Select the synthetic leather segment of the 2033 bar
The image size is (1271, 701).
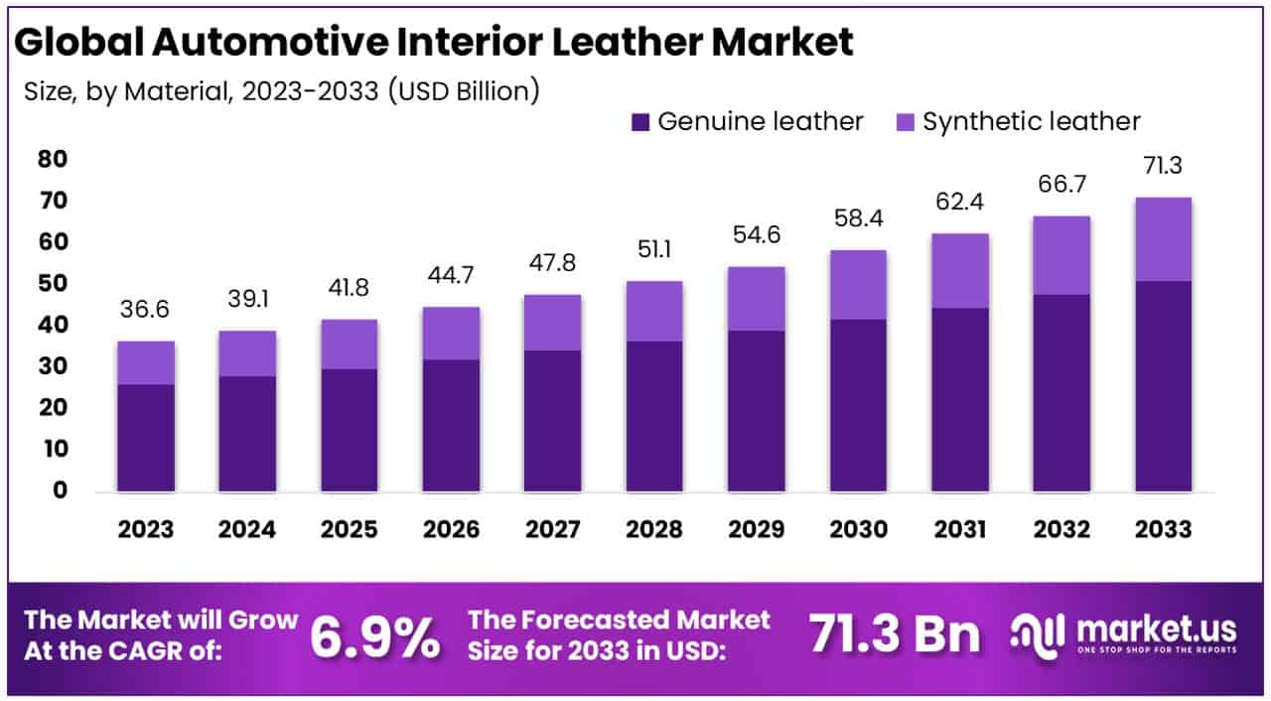click(1164, 239)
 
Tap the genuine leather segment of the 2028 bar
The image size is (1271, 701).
click(654, 416)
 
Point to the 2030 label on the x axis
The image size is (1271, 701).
click(858, 529)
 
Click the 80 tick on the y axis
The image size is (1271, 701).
click(54, 160)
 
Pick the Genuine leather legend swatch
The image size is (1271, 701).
click(640, 122)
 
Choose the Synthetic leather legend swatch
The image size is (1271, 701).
click(905, 122)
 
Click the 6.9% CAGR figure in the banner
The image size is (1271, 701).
click(374, 636)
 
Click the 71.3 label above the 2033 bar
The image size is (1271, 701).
click(1164, 166)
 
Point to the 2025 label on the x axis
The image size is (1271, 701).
click(350, 529)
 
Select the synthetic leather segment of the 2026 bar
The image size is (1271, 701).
click(451, 334)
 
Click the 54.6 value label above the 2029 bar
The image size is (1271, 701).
click(757, 236)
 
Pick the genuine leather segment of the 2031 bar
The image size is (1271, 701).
click(960, 399)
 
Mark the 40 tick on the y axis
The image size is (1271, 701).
click(54, 326)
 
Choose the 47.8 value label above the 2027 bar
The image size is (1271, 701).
click(552, 264)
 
